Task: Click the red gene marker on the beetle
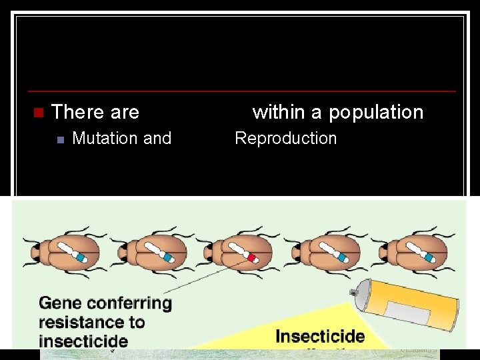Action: (252, 258)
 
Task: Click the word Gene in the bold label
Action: (61, 303)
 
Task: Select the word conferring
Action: (129, 303)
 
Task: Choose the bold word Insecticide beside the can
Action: (320, 336)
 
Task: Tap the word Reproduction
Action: (286, 139)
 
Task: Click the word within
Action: (278, 112)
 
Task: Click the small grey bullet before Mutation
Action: (60, 139)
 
